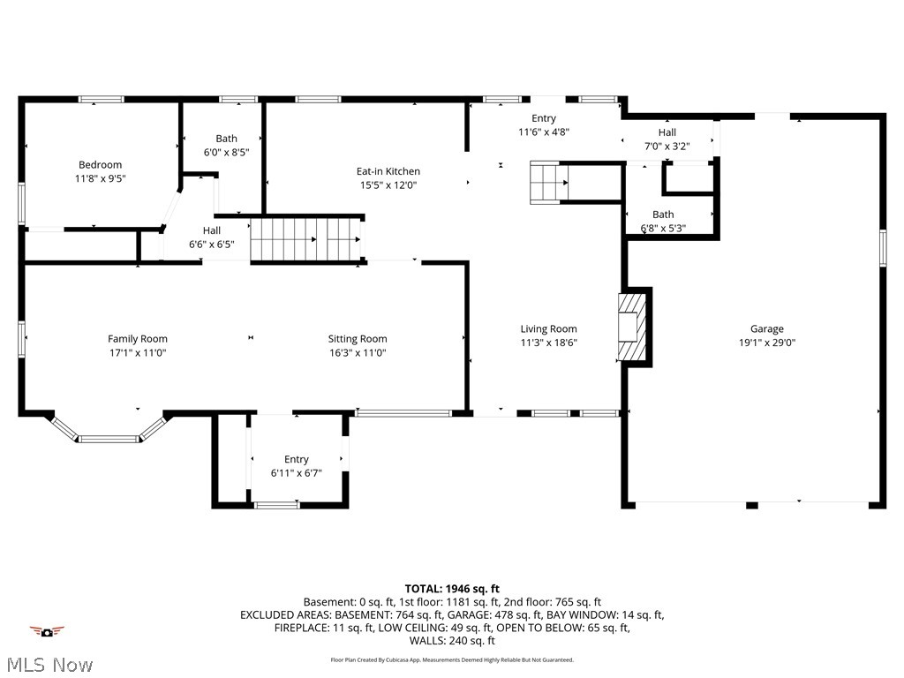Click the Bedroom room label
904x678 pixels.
click(100, 164)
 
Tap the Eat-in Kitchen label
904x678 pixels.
click(388, 171)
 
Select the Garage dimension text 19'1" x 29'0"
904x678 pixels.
click(767, 343)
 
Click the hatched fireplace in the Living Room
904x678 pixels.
click(632, 328)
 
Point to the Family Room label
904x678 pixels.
click(137, 338)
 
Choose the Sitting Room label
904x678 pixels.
click(358, 338)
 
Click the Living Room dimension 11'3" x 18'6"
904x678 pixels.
click(548, 343)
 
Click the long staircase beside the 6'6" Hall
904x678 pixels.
click(306, 238)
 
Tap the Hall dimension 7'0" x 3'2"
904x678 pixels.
click(667, 147)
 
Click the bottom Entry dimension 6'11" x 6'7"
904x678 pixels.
click(297, 472)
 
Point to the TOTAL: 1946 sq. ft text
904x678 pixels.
click(452, 588)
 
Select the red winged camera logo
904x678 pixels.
click(47, 631)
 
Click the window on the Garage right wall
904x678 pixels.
click(882, 247)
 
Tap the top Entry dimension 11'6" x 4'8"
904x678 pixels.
click(543, 132)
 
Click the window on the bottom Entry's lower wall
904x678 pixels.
click(276, 505)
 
